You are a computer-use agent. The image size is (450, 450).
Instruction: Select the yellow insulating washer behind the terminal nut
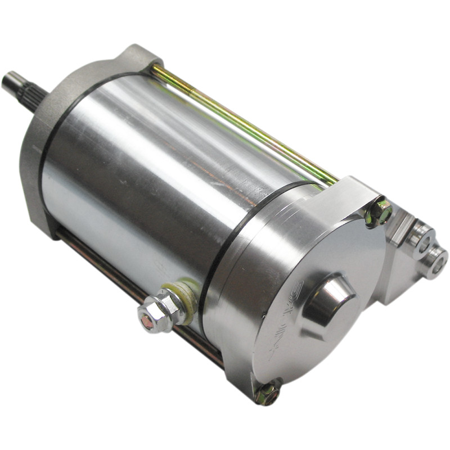[182, 299]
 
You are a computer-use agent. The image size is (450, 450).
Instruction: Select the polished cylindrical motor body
[157, 169]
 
